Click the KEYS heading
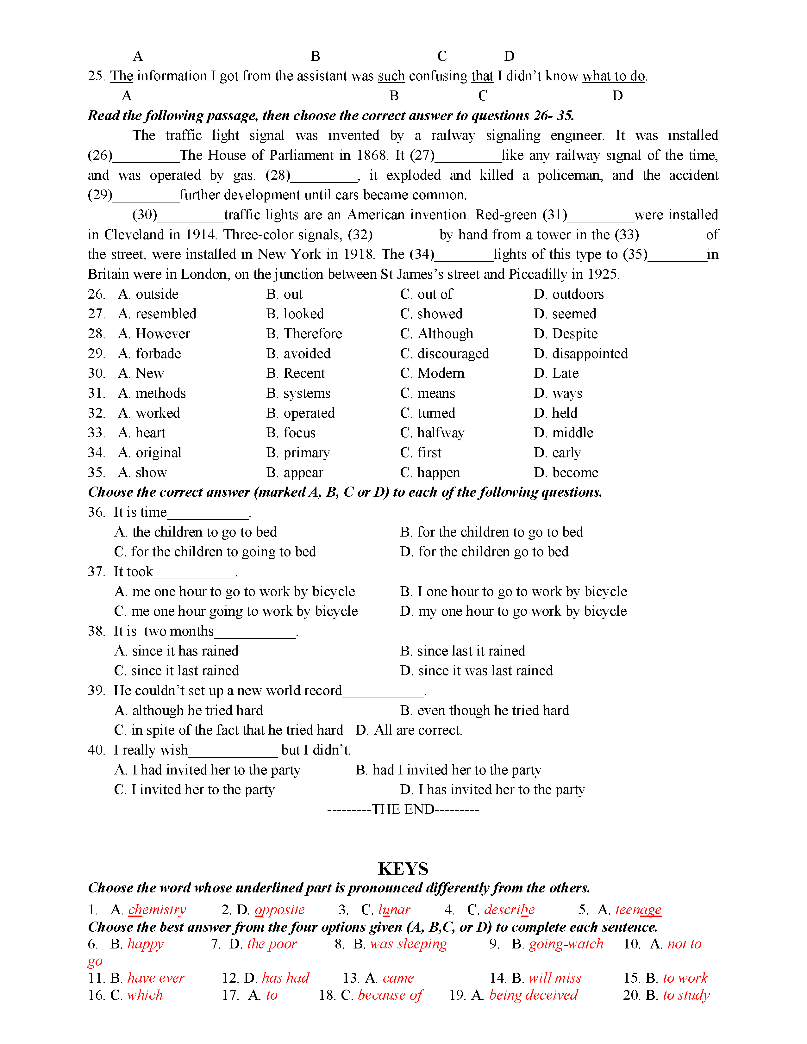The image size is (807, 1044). pyautogui.click(x=403, y=868)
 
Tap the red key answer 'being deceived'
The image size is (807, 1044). pyautogui.click(x=533, y=995)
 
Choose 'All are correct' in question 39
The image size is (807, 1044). pyautogui.click(x=417, y=730)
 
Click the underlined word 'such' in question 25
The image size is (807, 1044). pyautogui.click(x=391, y=76)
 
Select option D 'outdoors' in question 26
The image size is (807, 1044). pyautogui.click(x=578, y=295)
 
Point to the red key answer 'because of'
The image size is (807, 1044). pyautogui.click(x=390, y=995)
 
